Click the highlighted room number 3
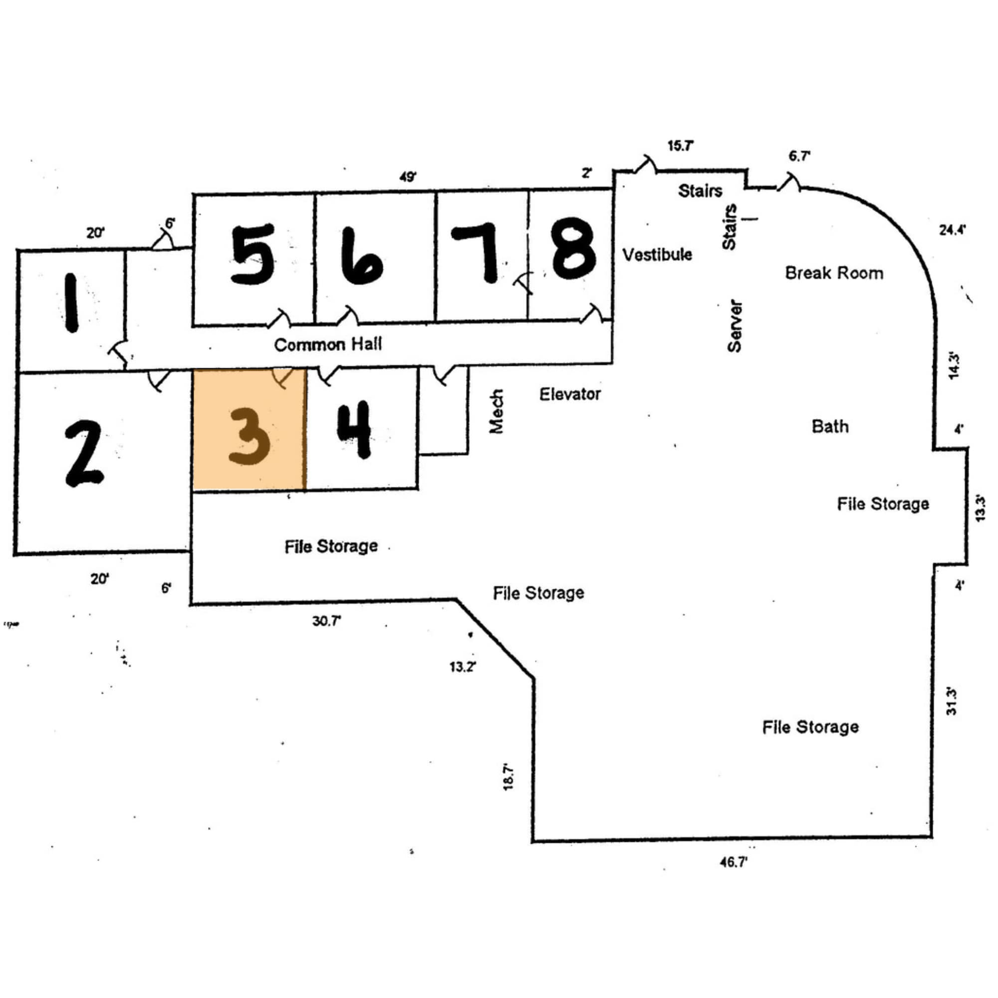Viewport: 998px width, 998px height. pyautogui.click(x=249, y=437)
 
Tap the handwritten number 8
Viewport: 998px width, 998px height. pyautogui.click(x=573, y=250)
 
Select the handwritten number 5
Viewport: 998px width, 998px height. pyautogui.click(x=252, y=253)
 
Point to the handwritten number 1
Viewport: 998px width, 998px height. pyautogui.click(x=71, y=303)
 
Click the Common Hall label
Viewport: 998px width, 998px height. pyautogui.click(x=328, y=344)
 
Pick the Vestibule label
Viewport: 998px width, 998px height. pyautogui.click(x=657, y=254)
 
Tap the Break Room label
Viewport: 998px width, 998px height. pyautogui.click(x=834, y=273)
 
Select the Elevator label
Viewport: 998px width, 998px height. pyautogui.click(x=570, y=394)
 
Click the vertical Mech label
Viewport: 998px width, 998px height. pyautogui.click(x=496, y=412)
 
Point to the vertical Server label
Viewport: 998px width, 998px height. pyautogui.click(x=734, y=326)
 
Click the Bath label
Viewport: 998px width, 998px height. pyautogui.click(x=830, y=426)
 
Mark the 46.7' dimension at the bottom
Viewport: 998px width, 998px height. pyautogui.click(x=734, y=862)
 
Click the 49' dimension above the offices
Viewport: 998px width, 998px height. pyautogui.click(x=408, y=177)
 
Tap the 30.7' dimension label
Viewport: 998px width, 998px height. pyautogui.click(x=326, y=620)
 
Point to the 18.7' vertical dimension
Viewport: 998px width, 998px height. pyautogui.click(x=508, y=776)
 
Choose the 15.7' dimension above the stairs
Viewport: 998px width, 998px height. pyautogui.click(x=680, y=146)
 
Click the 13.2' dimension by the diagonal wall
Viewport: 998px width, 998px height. pyautogui.click(x=463, y=666)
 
